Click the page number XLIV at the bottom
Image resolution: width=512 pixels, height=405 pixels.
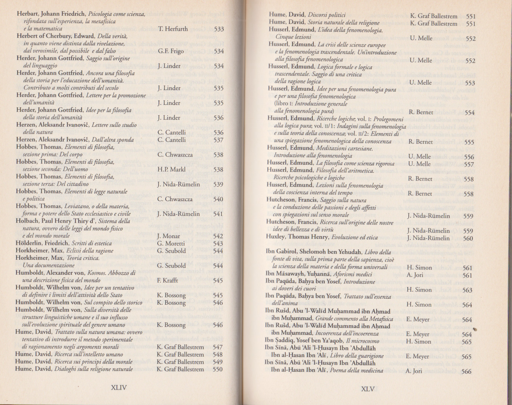tap(119, 387)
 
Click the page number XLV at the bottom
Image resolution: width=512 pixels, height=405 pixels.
tap(368, 389)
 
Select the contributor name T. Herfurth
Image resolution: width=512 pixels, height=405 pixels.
tap(172, 29)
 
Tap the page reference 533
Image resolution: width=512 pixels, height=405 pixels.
tap(219, 29)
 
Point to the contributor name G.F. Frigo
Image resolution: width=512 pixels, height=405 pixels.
tap(171, 51)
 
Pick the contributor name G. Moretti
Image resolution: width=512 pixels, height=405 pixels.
tap(171, 243)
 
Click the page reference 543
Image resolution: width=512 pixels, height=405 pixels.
tap(218, 243)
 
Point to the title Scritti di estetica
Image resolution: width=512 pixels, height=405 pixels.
tap(92, 243)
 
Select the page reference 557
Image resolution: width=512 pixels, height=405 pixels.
tap(469, 164)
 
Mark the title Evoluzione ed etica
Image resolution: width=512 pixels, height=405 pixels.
tap(355, 237)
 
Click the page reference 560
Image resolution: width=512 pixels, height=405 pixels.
tap(468, 238)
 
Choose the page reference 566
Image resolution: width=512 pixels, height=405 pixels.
tap(466, 371)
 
